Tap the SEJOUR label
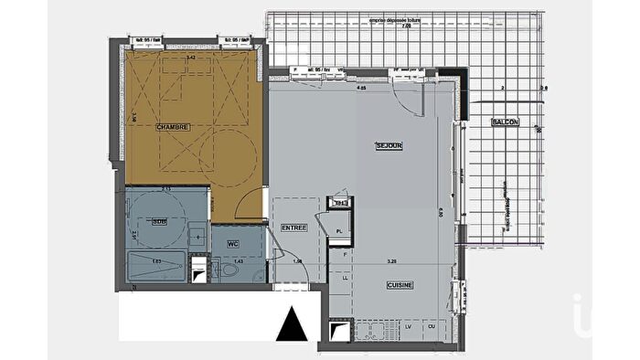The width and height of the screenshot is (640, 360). (x=389, y=146)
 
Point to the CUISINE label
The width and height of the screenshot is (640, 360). (x=399, y=285)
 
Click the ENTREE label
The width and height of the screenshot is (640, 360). (x=293, y=228)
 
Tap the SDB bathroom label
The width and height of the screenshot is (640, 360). (x=159, y=221)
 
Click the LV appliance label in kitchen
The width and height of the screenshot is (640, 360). (x=408, y=326)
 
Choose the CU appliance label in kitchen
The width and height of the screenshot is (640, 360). (x=429, y=326)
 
